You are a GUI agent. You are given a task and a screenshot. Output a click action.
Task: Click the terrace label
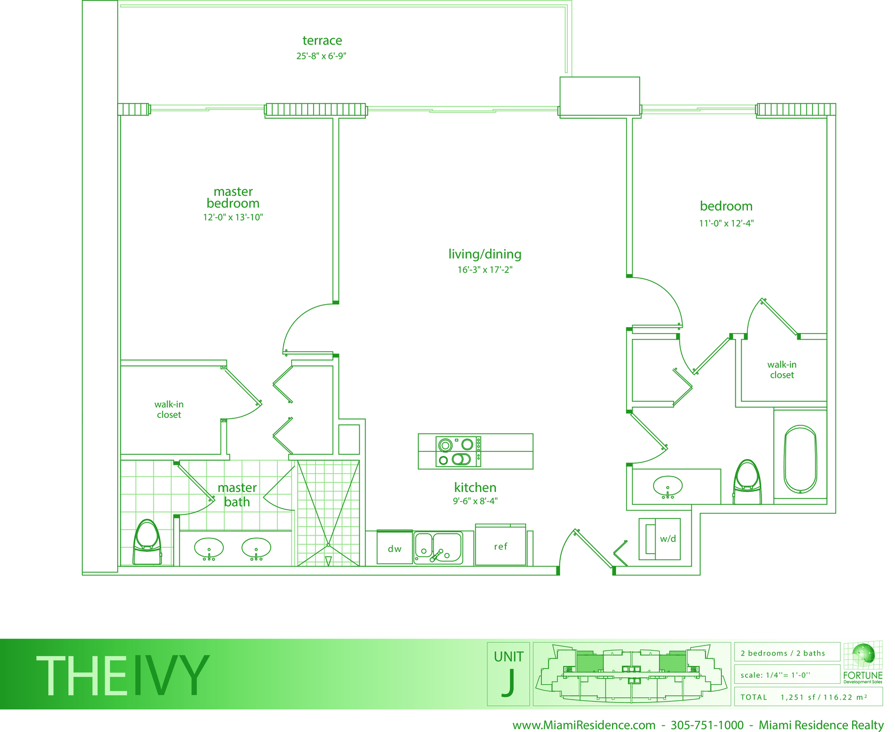[x=322, y=41]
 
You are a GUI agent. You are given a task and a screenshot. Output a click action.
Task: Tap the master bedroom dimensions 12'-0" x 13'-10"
[x=233, y=217]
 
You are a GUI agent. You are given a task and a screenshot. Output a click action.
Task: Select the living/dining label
[x=485, y=254]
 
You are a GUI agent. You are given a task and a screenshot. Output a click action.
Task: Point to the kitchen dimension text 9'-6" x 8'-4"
[x=475, y=501]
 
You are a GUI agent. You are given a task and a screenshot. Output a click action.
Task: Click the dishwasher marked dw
[x=394, y=548]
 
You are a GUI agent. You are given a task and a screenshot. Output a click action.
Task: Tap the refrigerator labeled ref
[x=500, y=546]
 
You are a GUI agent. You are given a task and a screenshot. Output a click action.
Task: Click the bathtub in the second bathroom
[x=800, y=459]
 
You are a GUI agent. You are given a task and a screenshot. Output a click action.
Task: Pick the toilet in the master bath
[x=147, y=542]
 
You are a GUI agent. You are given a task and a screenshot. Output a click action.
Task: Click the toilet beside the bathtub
[x=747, y=481]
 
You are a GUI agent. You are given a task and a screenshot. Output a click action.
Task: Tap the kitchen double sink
[x=438, y=548]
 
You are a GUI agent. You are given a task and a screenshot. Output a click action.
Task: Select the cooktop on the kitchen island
[x=458, y=451]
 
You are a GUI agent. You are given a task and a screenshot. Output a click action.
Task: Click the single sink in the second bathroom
[x=667, y=487]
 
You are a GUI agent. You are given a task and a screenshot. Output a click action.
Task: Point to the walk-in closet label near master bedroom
[x=169, y=410]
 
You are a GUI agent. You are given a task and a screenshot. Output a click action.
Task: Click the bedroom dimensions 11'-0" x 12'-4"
[x=726, y=224]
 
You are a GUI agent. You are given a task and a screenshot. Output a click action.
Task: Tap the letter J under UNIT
[x=508, y=683]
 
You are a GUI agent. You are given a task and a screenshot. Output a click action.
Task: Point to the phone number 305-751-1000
[x=707, y=725]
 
